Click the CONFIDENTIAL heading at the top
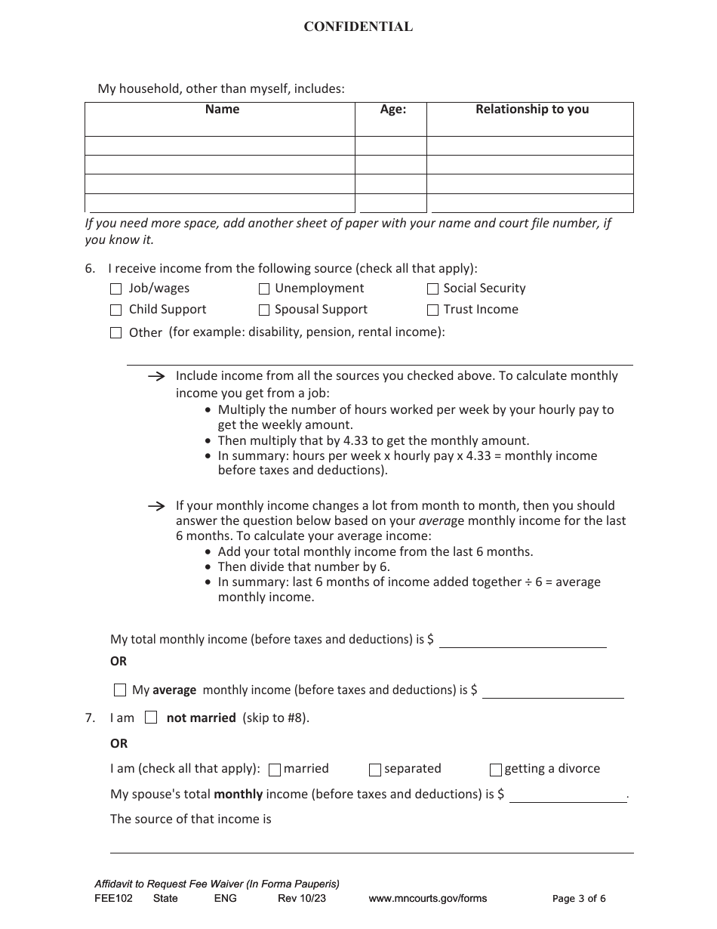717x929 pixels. pos(358,27)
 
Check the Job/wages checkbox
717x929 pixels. pos(116,289)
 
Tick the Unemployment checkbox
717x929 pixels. pos(264,289)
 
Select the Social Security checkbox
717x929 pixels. pos(432,289)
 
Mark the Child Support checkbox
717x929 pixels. pos(116,310)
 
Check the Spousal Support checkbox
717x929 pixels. pos(264,310)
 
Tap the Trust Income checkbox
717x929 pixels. pos(432,310)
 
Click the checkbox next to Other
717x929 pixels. pos(116,332)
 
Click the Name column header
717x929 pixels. pos(222,110)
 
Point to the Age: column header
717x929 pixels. pos(392,110)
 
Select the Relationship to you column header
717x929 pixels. pos(531,110)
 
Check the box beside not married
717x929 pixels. pos(151,718)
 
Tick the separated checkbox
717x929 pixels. pos(375,770)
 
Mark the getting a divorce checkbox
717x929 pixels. pos(496,770)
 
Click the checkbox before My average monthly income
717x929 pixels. pos(120,690)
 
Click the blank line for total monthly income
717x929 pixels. pos(522,640)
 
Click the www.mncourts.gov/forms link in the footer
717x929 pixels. pos(427,899)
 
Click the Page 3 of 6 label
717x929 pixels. pos(579,899)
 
